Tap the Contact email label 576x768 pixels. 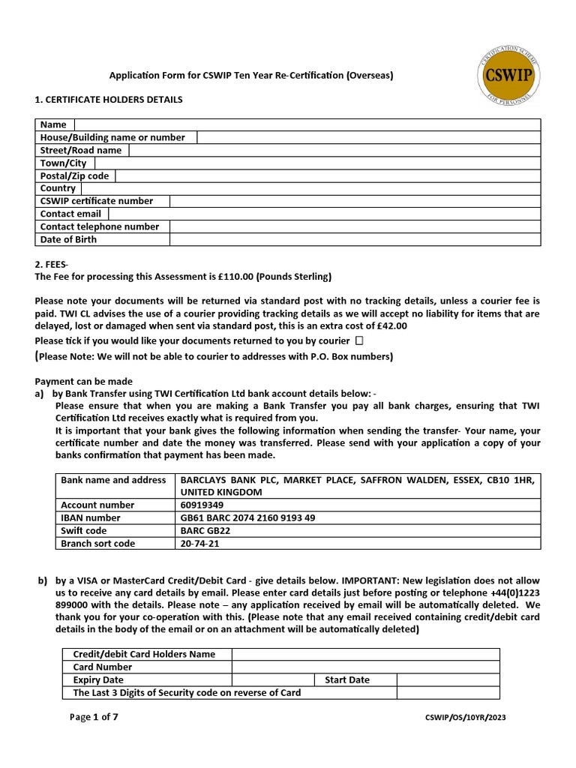pyautogui.click(x=70, y=214)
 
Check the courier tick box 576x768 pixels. pyautogui.click(x=360, y=340)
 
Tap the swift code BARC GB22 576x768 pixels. pyautogui.click(x=205, y=531)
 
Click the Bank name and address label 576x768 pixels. pyautogui.click(x=113, y=480)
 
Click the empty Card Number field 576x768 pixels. pyautogui.click(x=365, y=667)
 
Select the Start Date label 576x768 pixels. pyautogui.click(x=346, y=679)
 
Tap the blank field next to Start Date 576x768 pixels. pyautogui.click(x=448, y=679)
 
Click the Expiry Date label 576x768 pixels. pyautogui.click(x=98, y=679)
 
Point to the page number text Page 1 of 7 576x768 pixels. pyautogui.click(x=94, y=717)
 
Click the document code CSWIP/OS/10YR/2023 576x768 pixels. pyautogui.click(x=465, y=718)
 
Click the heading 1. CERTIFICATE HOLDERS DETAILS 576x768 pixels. pyautogui.click(x=109, y=99)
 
